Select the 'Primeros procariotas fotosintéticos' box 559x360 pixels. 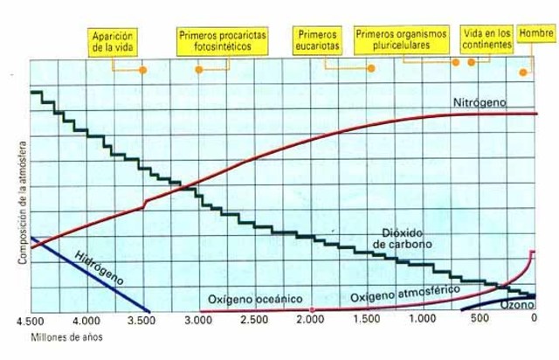223,40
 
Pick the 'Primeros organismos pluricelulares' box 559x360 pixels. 402,40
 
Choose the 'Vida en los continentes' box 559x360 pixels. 487,38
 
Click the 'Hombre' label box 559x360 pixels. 536,33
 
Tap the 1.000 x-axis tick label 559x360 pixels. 422,322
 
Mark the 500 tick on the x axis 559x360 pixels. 480,322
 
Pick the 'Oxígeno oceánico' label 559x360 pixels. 254,299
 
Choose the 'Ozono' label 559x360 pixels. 517,307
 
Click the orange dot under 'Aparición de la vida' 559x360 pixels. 143,69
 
